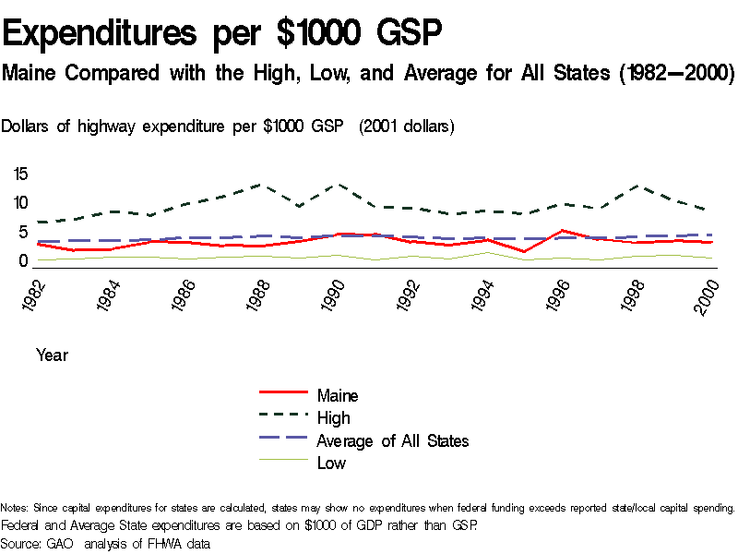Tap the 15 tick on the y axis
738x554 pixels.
tap(21, 174)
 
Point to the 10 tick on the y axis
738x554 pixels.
tap(21, 203)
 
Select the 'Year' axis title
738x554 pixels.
tap(52, 355)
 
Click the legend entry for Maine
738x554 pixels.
tap(338, 395)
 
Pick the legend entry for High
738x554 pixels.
tap(333, 418)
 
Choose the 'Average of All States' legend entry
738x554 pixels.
tap(392, 440)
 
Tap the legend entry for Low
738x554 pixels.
tap(331, 463)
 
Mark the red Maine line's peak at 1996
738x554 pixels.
tap(563, 231)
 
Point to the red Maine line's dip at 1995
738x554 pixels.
tap(525, 252)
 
